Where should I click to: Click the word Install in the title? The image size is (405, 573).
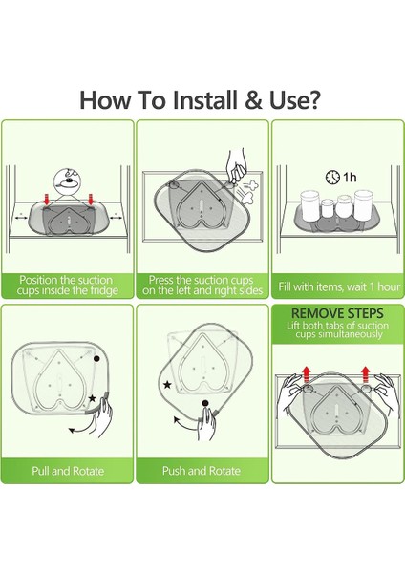(x=204, y=99)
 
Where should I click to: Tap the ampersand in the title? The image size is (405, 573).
(x=253, y=99)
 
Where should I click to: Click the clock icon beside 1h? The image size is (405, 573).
(x=332, y=177)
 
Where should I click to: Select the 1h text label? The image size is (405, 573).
(x=349, y=178)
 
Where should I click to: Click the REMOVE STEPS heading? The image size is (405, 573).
(x=337, y=313)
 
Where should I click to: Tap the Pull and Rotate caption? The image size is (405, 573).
(x=68, y=471)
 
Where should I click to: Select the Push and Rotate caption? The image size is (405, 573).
(x=202, y=471)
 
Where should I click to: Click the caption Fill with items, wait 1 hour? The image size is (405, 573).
(x=339, y=286)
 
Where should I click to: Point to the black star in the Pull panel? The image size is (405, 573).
(x=92, y=398)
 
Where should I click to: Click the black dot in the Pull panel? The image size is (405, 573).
(x=96, y=358)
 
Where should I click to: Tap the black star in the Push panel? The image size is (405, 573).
(x=167, y=385)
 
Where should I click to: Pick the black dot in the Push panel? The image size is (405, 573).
(x=205, y=403)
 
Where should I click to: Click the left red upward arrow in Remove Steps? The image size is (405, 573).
(x=307, y=374)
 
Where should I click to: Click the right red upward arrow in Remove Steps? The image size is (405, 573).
(x=365, y=374)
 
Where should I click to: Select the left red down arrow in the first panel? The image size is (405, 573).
(x=47, y=200)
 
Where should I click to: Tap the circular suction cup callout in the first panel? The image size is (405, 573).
(x=66, y=181)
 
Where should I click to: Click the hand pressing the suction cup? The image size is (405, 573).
(x=236, y=165)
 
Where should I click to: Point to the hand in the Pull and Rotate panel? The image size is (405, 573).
(x=101, y=415)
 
